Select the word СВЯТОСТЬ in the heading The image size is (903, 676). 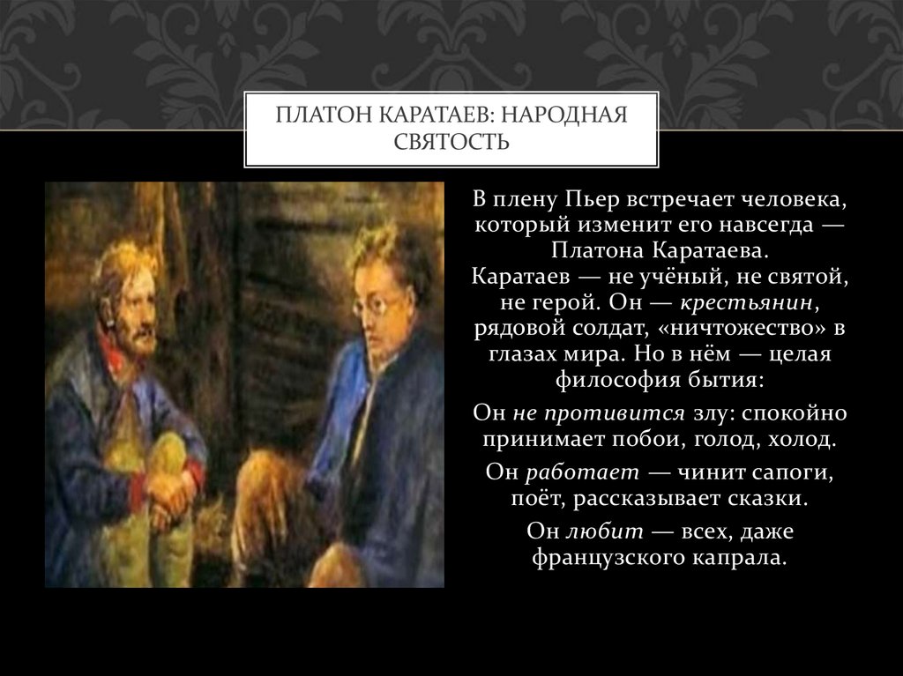[x=451, y=141]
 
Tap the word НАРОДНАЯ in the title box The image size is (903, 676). [x=571, y=115]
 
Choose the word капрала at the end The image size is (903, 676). [x=743, y=557]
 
